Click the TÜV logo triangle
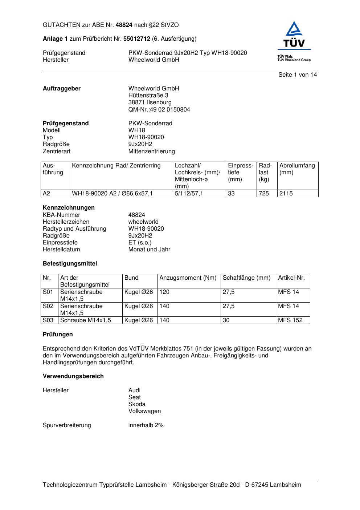(294, 30)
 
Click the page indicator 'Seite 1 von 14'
(297, 75)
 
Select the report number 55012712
(137, 39)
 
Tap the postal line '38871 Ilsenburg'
(150, 102)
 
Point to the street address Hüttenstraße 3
(148, 96)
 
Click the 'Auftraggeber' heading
(62, 89)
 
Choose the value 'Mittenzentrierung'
(151, 151)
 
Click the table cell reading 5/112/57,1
(189, 194)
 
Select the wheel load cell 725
(264, 194)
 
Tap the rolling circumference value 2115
(286, 194)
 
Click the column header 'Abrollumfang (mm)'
(297, 169)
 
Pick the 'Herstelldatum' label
(61, 250)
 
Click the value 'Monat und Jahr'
(149, 250)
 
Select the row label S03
(48, 320)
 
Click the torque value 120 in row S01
(164, 292)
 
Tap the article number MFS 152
(290, 320)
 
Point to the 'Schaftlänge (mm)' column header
(246, 278)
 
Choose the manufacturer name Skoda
(137, 404)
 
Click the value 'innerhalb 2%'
(146, 425)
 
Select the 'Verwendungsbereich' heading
(73, 376)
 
